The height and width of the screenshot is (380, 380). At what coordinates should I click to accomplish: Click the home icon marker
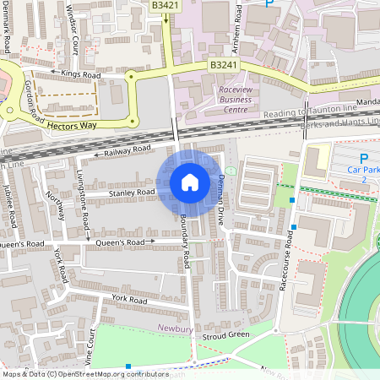click(x=190, y=182)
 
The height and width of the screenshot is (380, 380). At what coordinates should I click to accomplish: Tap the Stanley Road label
click(x=132, y=193)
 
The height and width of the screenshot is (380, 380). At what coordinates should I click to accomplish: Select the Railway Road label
click(x=127, y=151)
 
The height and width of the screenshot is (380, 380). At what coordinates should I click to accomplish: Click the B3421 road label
click(x=166, y=5)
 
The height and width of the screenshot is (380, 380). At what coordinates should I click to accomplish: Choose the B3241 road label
click(x=224, y=64)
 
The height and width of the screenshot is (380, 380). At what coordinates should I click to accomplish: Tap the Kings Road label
click(x=81, y=74)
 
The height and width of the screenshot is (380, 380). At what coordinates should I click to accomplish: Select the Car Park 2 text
click(x=364, y=175)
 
